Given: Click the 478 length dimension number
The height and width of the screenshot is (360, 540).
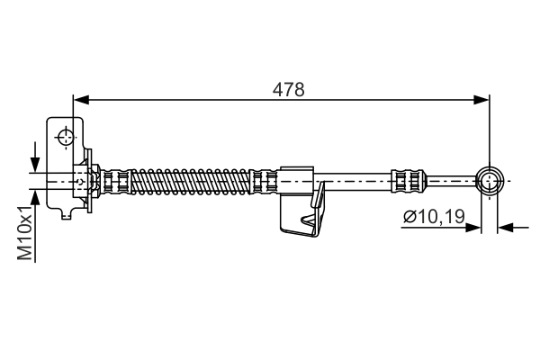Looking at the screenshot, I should coord(289,89).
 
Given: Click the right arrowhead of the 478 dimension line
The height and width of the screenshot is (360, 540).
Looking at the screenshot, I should coord(482,98).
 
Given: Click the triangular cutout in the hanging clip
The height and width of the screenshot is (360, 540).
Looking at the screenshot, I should coord(310,220).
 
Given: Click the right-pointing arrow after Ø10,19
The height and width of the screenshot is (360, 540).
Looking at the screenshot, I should coord(473,228).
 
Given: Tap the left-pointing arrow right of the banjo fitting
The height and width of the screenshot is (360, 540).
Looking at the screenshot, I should coord(505,228).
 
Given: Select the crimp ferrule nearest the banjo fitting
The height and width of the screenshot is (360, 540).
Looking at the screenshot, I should coord(406,181).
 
